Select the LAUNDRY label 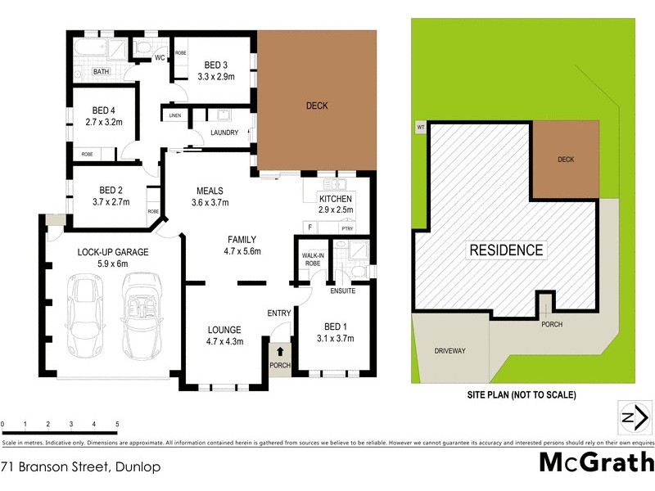click(224, 133)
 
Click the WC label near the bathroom click(160, 58)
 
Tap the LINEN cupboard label click(174, 115)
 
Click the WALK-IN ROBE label click(311, 259)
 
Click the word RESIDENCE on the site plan click(505, 250)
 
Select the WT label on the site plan click(421, 127)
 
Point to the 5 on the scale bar click(118, 424)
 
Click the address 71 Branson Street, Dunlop click(79, 467)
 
